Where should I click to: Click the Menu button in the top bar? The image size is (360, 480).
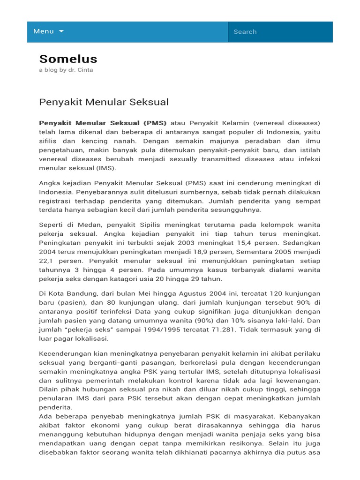[44, 31]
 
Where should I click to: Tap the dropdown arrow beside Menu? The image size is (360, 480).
[61, 31]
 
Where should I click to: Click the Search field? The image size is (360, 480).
[280, 32]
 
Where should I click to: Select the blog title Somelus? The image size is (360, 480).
[68, 59]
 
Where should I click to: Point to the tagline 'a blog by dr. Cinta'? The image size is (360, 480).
[66, 70]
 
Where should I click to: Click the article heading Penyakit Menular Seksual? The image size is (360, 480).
[104, 102]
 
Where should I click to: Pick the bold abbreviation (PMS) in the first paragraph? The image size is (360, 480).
[155, 123]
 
